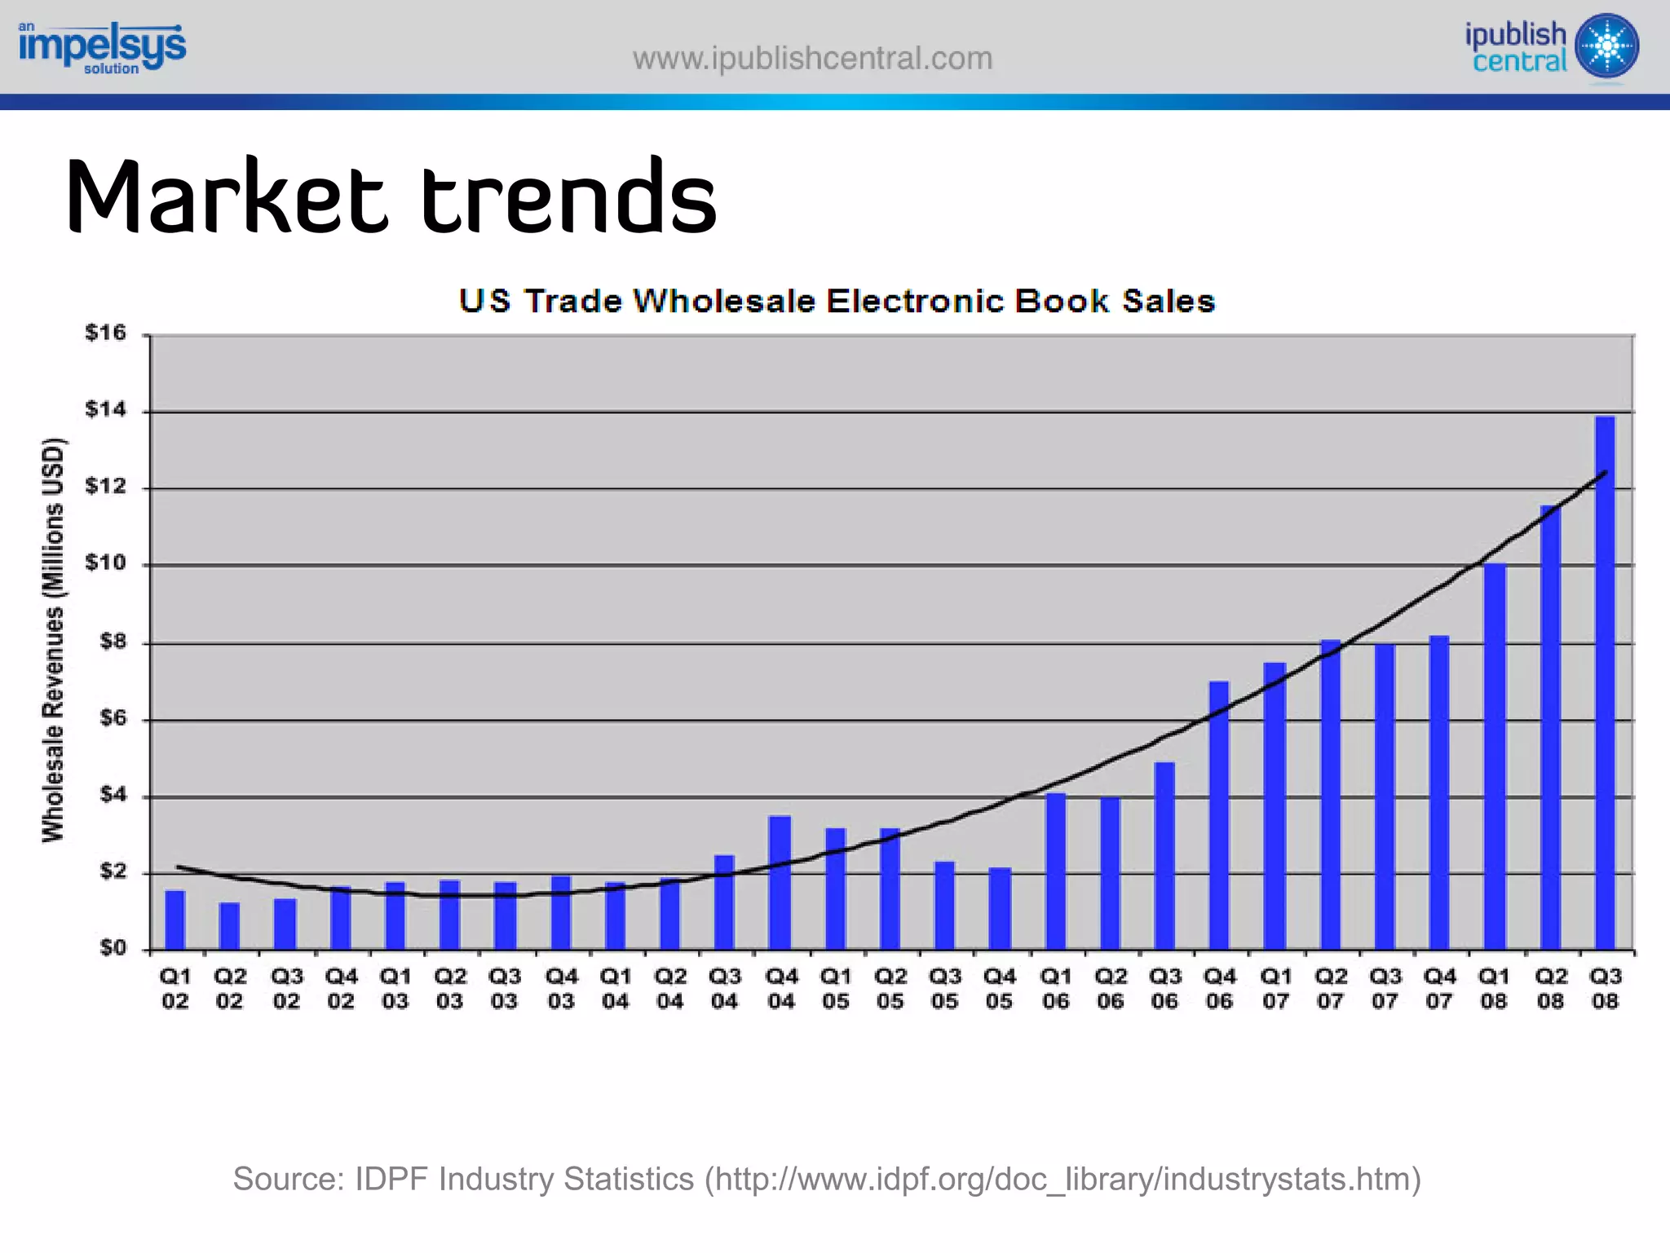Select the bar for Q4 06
[x=1219, y=815]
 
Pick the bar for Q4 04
[x=780, y=883]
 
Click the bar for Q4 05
[x=1000, y=909]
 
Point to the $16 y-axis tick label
[x=106, y=333]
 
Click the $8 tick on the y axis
[x=113, y=642]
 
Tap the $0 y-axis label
[x=113, y=948]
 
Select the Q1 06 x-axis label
[x=1055, y=988]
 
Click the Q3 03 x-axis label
[x=505, y=988]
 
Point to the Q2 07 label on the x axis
[x=1330, y=988]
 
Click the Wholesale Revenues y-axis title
[x=53, y=640]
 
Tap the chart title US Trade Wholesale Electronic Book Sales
[x=837, y=301]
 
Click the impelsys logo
[x=102, y=47]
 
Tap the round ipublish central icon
[x=1607, y=46]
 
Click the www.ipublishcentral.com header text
[x=812, y=59]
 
